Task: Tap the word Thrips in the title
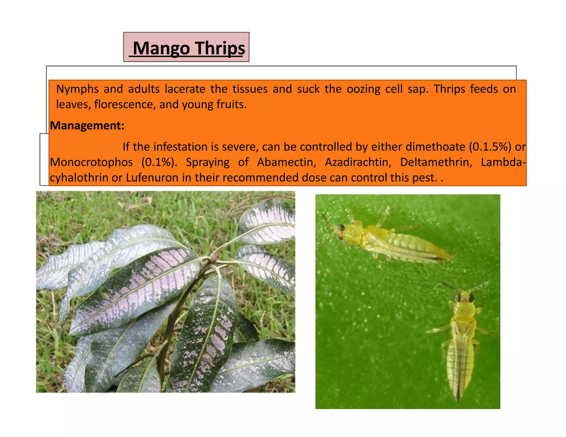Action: [x=221, y=48]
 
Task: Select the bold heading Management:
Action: [x=87, y=126]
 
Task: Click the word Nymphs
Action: [x=77, y=89]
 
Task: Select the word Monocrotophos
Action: [x=91, y=162]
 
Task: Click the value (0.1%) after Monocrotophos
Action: [x=159, y=162]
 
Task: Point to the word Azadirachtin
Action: [x=358, y=162]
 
